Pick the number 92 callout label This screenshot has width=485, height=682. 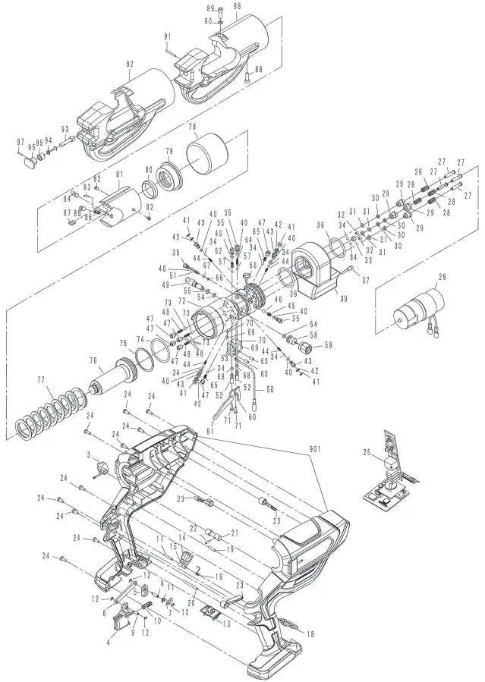pyautogui.click(x=130, y=64)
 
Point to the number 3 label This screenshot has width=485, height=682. pyautogui.click(x=89, y=455)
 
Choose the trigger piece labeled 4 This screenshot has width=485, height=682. pyautogui.click(x=120, y=622)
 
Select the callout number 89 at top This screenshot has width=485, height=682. pyautogui.click(x=210, y=7)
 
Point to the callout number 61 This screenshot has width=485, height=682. pyautogui.click(x=210, y=430)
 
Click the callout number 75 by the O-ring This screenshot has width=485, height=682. pyautogui.click(x=121, y=343)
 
